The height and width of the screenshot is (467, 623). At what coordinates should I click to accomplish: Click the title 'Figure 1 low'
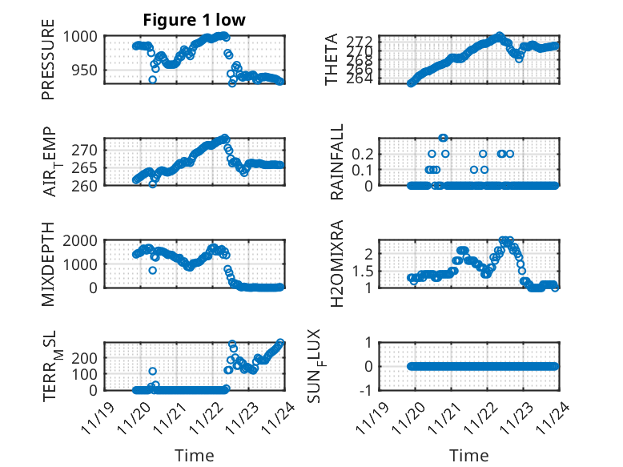point(193,20)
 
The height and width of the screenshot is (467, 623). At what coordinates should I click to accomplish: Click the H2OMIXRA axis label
point(336,264)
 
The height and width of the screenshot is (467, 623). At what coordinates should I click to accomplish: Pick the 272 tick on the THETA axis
point(361,41)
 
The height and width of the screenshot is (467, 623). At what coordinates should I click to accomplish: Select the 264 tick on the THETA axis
point(361,78)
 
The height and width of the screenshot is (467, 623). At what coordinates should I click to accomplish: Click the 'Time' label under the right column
point(468,455)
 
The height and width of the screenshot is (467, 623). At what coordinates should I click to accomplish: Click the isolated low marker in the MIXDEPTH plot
point(152,270)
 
